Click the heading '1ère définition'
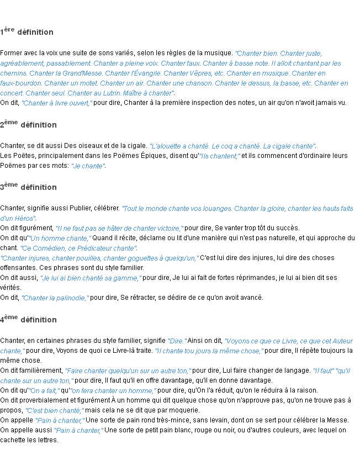[x=27, y=32]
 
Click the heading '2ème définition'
[x=29, y=125]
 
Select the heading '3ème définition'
[x=29, y=187]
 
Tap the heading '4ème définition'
[x=29, y=320]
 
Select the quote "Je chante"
[x=88, y=166]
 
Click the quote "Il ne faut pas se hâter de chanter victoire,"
[x=120, y=229]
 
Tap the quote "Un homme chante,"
[x=60, y=239]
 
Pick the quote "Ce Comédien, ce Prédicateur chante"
[x=78, y=248]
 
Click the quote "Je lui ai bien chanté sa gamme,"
[x=91, y=278]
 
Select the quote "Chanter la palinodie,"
[x=55, y=298]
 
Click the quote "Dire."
[x=177, y=341]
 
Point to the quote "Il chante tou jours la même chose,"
[x=210, y=351]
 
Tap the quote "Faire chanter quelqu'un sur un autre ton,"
[x=128, y=371]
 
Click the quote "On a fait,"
[x=44, y=391]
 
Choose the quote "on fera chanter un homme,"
[x=113, y=391]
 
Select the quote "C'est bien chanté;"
[x=55, y=411]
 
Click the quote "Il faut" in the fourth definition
[x=323, y=371]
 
